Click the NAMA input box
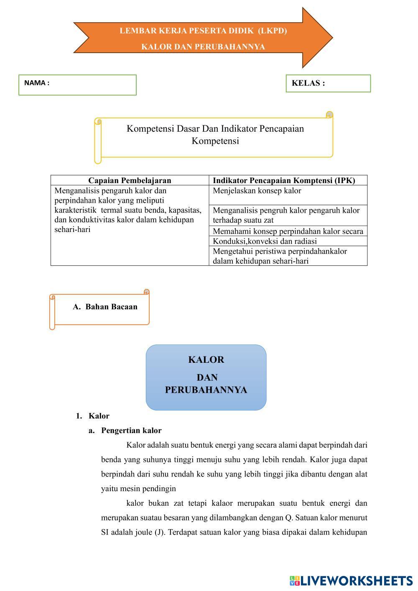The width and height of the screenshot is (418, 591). tap(77, 85)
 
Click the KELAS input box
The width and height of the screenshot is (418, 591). tap(328, 83)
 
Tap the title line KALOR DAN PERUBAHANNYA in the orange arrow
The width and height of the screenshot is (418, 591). tap(203, 46)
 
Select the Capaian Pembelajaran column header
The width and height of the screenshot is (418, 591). tap(130, 180)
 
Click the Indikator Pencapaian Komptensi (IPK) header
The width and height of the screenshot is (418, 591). tap(284, 180)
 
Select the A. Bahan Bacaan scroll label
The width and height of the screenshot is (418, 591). tap(105, 307)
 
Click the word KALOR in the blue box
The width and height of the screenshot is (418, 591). tap(206, 359)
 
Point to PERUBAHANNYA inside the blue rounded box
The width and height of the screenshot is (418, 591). tap(206, 390)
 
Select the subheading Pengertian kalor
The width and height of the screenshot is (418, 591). tap(131, 431)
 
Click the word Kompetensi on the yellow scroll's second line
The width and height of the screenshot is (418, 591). tap(215, 141)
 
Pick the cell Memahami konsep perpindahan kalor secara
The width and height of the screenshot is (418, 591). tap(288, 231)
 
